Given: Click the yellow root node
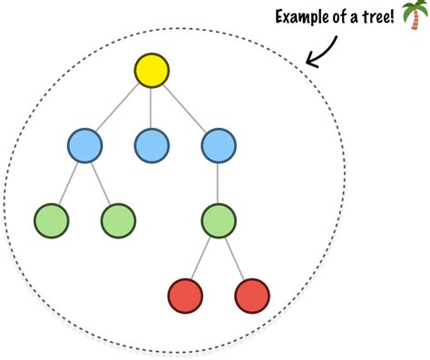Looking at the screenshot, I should coord(151,71).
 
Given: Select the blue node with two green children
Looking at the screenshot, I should coord(84,144).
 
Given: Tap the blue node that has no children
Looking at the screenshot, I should coord(151,144).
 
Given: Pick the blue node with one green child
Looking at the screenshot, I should coord(219,144).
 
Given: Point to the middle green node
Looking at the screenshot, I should coord(118,220).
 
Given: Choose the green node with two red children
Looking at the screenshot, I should coord(219,220).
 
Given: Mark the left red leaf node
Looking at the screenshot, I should coord(185,296).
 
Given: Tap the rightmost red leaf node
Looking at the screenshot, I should coord(252,296).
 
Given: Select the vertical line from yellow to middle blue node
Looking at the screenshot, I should coord(151,108).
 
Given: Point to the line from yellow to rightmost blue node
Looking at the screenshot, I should coord(185,108).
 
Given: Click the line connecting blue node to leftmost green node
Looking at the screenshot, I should coord(68,182).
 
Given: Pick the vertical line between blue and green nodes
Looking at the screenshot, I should coord(219,182).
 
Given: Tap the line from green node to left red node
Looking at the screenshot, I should coord(202,258).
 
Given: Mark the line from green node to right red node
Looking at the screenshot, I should coord(235,258).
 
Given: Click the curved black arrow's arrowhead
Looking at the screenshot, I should coord(312,62).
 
